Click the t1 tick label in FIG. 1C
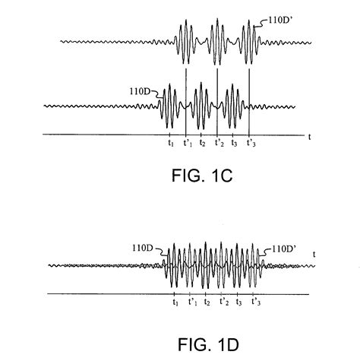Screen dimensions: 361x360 point(170,143)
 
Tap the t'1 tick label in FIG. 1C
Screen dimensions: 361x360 point(186,143)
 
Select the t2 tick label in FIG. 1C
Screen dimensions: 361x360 point(202,143)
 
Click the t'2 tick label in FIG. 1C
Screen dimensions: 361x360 point(219,143)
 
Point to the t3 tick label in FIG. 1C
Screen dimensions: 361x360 point(234,143)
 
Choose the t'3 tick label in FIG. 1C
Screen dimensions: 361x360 point(251,143)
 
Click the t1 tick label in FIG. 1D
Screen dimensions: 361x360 point(175,302)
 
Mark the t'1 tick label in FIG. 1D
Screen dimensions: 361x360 point(192,302)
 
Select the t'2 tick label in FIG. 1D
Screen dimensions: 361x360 point(224,302)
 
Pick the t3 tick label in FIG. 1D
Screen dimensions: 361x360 point(238,302)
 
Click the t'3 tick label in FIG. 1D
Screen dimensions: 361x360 point(256,302)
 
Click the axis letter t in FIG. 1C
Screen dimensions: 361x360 point(310,136)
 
